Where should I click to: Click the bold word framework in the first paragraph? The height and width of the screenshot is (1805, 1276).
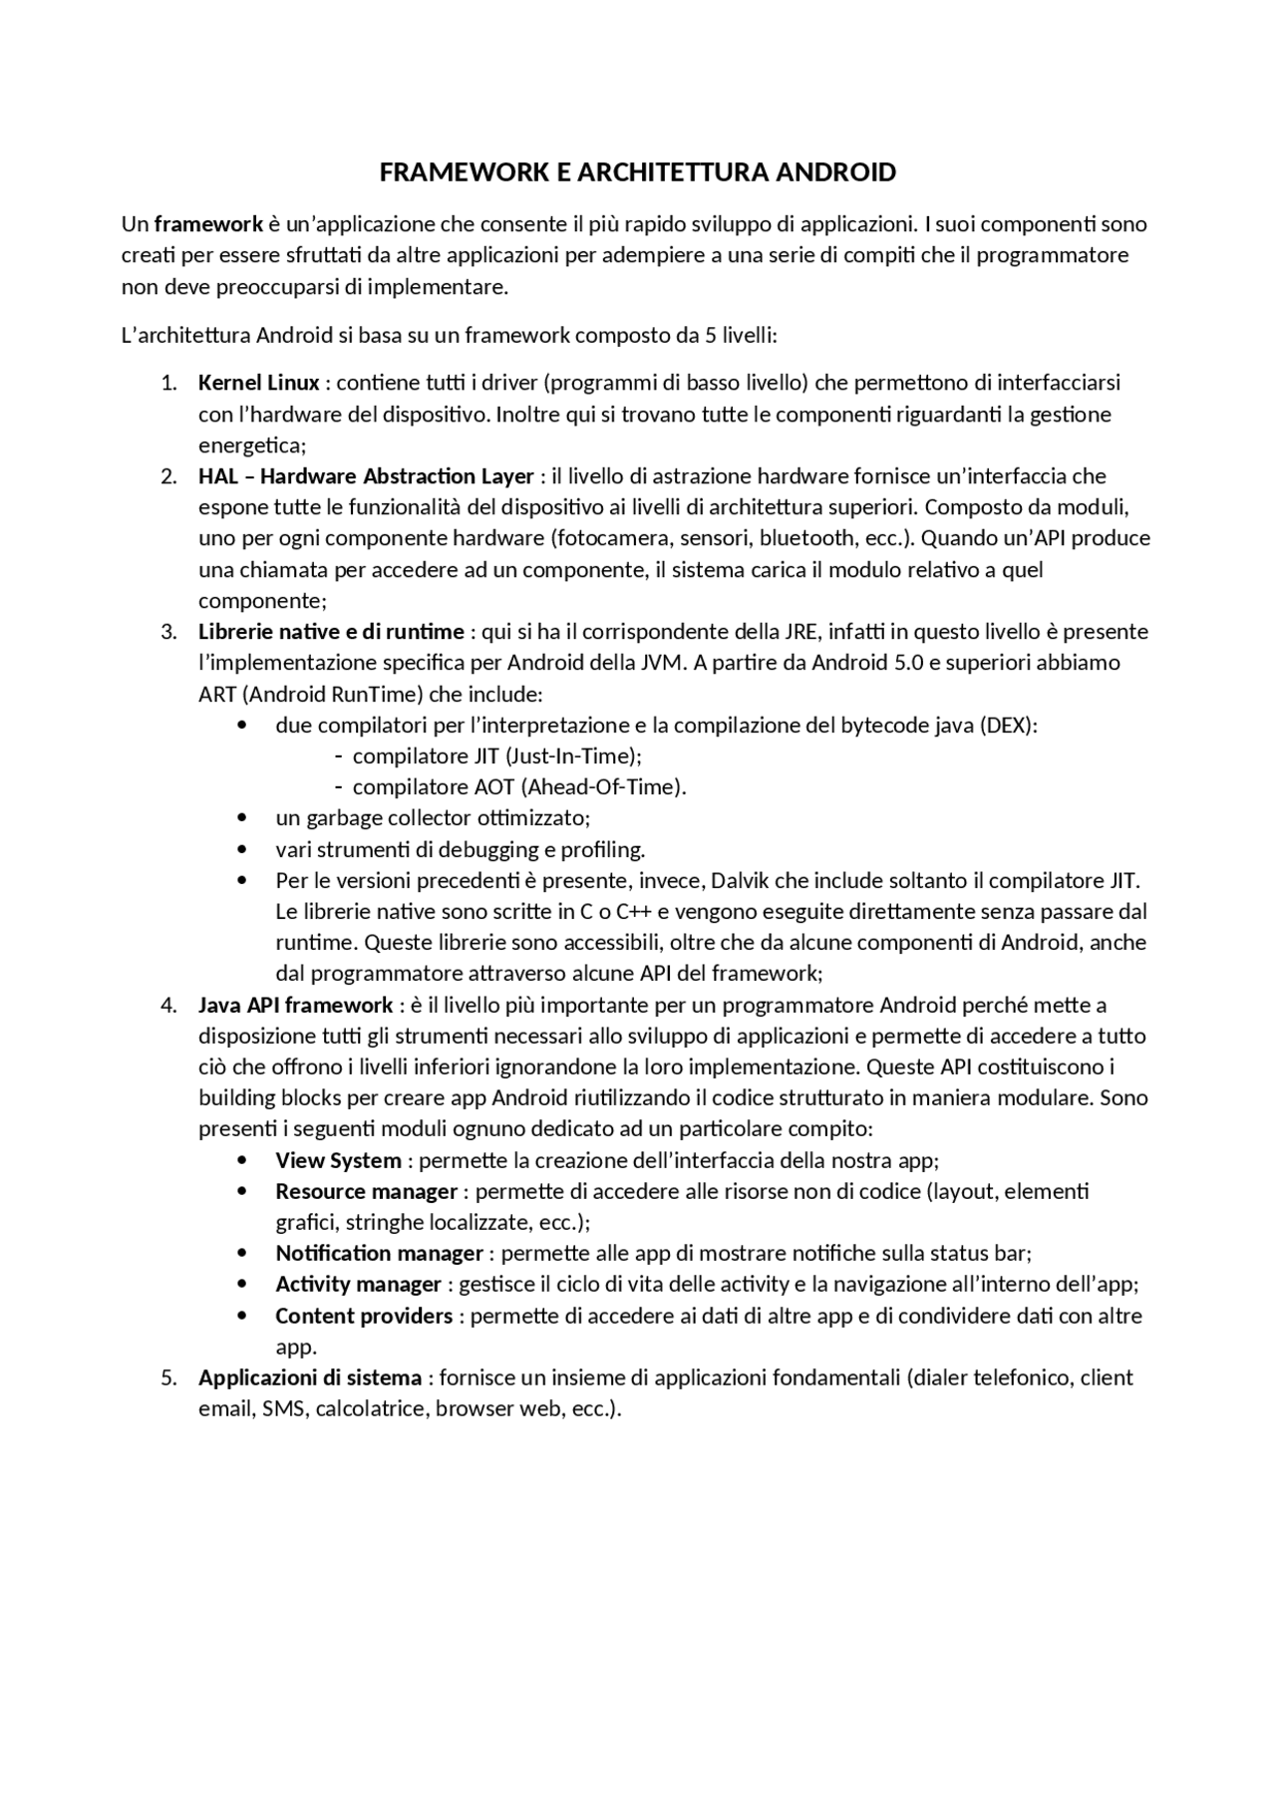pyautogui.click(x=208, y=223)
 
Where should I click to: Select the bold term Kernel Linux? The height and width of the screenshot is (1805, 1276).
pyautogui.click(x=259, y=383)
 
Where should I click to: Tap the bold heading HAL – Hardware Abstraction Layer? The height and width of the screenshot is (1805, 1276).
pyautogui.click(x=366, y=476)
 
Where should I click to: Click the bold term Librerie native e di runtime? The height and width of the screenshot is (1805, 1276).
pyautogui.click(x=331, y=632)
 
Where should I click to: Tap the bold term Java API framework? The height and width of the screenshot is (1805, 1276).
pyautogui.click(x=295, y=1005)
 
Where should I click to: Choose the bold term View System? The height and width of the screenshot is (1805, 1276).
pyautogui.click(x=338, y=1161)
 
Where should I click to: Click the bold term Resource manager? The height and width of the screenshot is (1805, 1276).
pyautogui.click(x=366, y=1192)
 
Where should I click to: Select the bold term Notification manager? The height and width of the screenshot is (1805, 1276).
pyautogui.click(x=379, y=1254)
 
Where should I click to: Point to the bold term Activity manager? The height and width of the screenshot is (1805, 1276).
pyautogui.click(x=358, y=1285)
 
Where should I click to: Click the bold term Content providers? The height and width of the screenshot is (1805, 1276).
pyautogui.click(x=364, y=1317)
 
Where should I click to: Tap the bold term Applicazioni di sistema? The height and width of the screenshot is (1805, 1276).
pyautogui.click(x=309, y=1378)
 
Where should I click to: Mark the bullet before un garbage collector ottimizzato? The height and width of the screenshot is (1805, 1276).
pyautogui.click(x=243, y=818)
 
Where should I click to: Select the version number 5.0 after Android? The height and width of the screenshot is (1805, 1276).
pyautogui.click(x=908, y=663)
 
